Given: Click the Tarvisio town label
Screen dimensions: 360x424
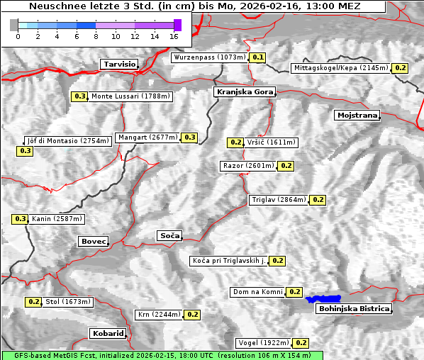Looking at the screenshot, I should pyautogui.click(x=118, y=64).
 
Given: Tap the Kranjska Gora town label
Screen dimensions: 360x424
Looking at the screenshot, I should pyautogui.click(x=243, y=92).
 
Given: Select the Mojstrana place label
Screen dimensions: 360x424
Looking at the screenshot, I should pyautogui.click(x=357, y=115).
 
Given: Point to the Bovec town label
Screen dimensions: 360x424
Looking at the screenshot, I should pyautogui.click(x=93, y=242).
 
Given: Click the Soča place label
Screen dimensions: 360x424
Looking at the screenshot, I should pyautogui.click(x=169, y=235).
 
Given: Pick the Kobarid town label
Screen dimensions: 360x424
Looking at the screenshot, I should pyautogui.click(x=108, y=333).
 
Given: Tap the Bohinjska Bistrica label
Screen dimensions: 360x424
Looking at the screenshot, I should pyautogui.click(x=354, y=309).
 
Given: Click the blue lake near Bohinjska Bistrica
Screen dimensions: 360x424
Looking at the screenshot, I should pyautogui.click(x=323, y=299).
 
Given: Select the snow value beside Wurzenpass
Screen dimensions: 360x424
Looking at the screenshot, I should pyautogui.click(x=258, y=57).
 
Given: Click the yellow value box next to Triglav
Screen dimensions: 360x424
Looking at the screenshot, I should pyautogui.click(x=318, y=200).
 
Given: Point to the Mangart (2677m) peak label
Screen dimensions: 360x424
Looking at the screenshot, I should pyautogui.click(x=148, y=137).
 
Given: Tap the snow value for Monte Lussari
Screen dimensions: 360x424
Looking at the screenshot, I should pyautogui.click(x=79, y=96).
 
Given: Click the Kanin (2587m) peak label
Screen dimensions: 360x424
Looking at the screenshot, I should pyautogui.click(x=57, y=219).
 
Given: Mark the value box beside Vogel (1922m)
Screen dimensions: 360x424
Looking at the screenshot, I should pyautogui.click(x=301, y=343).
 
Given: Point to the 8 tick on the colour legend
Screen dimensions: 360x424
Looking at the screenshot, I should pyautogui.click(x=96, y=36).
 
